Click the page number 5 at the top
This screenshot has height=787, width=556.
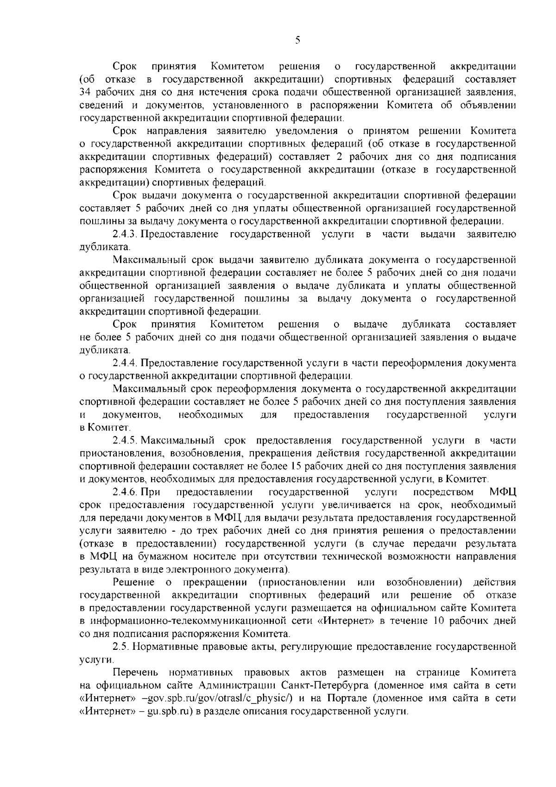pos(297,40)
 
